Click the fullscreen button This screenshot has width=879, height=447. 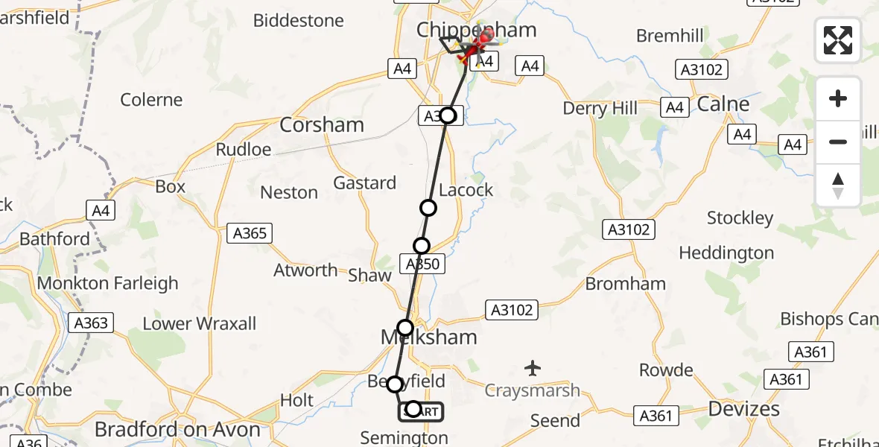(x=838, y=40)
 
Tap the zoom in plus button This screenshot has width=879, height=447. (x=838, y=98)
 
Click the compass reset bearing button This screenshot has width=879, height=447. (x=838, y=186)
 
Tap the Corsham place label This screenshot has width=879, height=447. (x=322, y=124)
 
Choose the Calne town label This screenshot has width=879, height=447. (x=723, y=104)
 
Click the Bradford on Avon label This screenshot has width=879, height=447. (x=178, y=430)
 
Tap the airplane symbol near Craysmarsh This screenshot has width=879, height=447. (x=532, y=367)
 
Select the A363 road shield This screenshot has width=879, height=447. (x=91, y=323)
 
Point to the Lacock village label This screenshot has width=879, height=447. (x=466, y=190)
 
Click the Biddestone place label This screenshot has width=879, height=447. (x=298, y=20)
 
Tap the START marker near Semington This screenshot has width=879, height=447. (x=422, y=411)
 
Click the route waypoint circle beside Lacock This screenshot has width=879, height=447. (x=428, y=207)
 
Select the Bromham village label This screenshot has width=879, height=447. (x=626, y=283)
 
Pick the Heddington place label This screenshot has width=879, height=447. (x=726, y=253)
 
